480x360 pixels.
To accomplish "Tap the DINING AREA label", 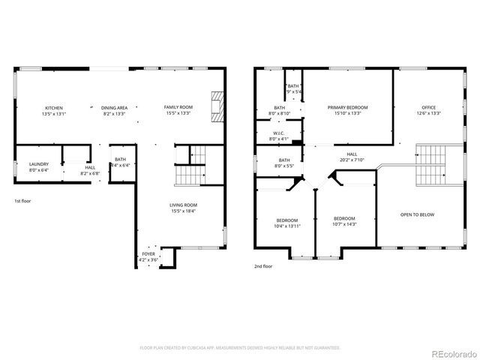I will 115,108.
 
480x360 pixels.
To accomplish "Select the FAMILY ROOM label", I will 178,108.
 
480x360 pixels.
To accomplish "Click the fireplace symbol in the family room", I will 217,106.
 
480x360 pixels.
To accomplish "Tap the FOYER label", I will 148,254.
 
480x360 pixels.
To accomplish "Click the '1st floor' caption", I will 23,201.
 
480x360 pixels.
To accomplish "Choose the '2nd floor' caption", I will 264,266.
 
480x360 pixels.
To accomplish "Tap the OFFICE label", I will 428,108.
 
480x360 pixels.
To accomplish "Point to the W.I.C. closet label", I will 279,133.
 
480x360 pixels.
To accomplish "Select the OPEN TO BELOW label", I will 417,214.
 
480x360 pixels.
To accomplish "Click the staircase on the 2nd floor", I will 430,163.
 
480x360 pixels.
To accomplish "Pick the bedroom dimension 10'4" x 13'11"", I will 287,225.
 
